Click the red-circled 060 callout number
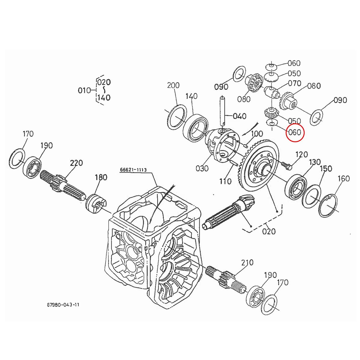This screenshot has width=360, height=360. [295, 132]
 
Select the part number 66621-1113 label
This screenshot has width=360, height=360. [133, 170]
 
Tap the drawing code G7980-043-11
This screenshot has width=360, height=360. [63, 305]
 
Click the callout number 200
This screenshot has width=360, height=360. [173, 85]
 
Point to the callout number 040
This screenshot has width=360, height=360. [239, 116]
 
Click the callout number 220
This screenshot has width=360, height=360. [76, 163]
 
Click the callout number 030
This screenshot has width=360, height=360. [202, 168]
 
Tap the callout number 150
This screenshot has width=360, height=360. [326, 169]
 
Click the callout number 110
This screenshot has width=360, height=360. [225, 181]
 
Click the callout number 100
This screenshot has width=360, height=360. [257, 133]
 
